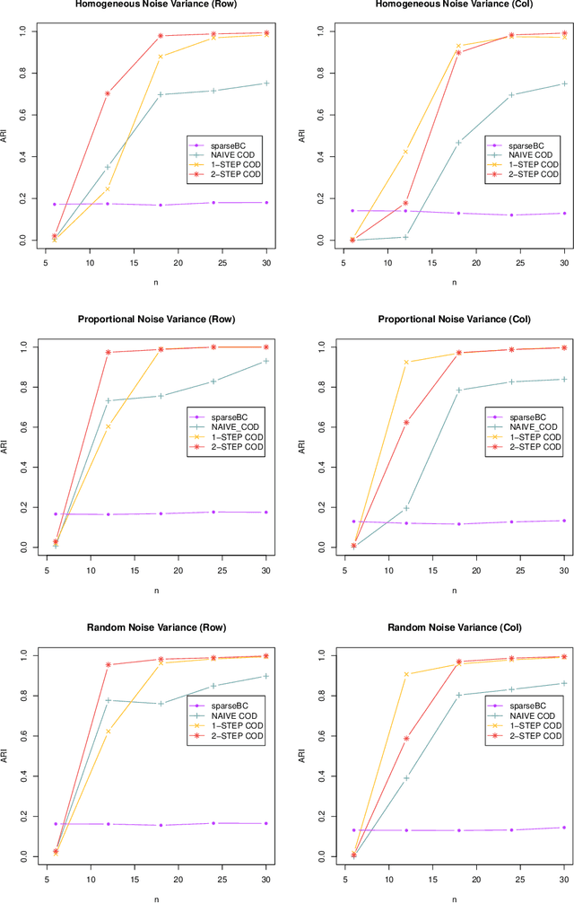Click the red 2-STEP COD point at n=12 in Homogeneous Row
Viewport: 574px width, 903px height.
[108, 93]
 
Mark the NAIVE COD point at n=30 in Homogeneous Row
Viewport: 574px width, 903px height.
[266, 83]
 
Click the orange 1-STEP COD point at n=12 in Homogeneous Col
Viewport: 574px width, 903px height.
[405, 152]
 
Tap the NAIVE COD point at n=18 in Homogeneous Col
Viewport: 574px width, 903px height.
[458, 143]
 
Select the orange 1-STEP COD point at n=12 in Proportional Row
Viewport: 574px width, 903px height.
[108, 426]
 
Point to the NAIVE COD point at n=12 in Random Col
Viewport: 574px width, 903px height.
[405, 777]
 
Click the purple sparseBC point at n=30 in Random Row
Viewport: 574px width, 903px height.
[266, 823]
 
